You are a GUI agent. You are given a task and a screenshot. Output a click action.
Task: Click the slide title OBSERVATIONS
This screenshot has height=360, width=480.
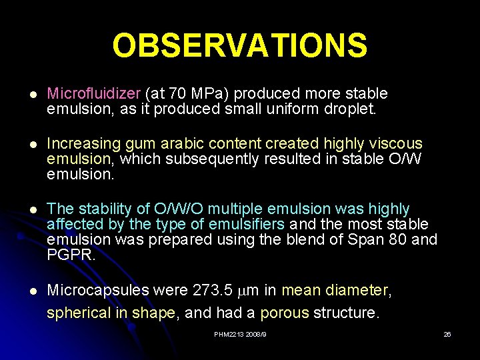click(x=239, y=46)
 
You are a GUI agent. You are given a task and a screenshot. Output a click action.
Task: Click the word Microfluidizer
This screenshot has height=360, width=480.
click(x=94, y=93)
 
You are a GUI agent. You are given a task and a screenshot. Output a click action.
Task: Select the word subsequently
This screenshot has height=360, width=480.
click(x=213, y=159)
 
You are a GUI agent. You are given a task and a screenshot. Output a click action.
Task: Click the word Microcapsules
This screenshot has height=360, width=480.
click(x=98, y=290)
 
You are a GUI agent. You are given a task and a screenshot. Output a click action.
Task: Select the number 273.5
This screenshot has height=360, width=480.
click(x=212, y=290)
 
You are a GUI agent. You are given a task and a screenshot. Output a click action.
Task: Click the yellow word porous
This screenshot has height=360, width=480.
click(x=285, y=313)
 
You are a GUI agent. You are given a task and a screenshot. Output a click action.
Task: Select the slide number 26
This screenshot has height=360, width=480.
click(x=447, y=334)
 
